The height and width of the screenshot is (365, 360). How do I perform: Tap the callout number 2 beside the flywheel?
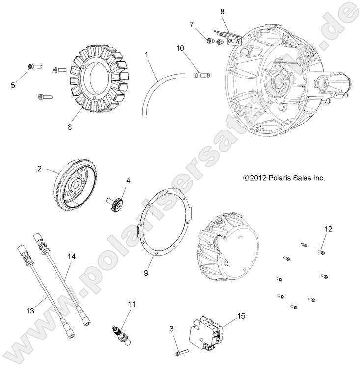39,169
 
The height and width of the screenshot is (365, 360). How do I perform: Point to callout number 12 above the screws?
328,229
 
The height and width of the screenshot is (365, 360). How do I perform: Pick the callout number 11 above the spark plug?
131,304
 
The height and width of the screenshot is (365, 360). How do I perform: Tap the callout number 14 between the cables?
72,257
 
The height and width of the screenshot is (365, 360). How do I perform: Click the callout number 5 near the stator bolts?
13,85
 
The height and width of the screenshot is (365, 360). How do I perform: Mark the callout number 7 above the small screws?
192,25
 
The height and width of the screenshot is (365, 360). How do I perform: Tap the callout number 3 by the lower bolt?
171,328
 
